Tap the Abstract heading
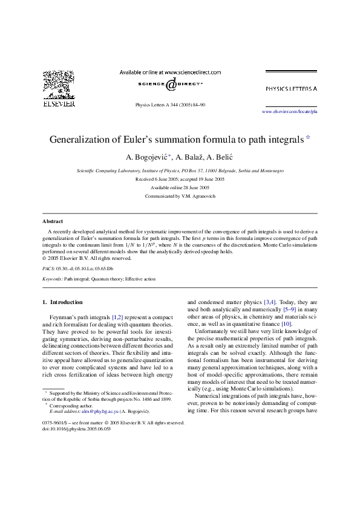[53, 221]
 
